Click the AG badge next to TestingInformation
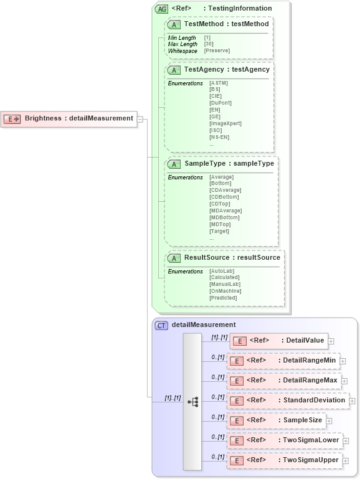pyautogui.click(x=161, y=9)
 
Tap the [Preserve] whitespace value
pyautogui.click(x=217, y=50)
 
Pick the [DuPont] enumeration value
pyautogui.click(x=220, y=103)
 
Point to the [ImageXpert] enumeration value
pyautogui.click(x=225, y=123)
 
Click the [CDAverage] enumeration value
pyautogui.click(x=225, y=190)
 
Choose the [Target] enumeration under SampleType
pyautogui.click(x=219, y=231)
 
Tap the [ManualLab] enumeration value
pyautogui.click(x=224, y=284)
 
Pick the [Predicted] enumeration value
pyautogui.click(x=223, y=298)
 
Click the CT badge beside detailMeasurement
pyautogui.click(x=161, y=325)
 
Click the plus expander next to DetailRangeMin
pyautogui.click(x=343, y=361)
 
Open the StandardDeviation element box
pyautogui.click(x=287, y=401)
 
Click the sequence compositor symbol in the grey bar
pyautogui.click(x=192, y=402)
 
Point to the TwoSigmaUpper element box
pyautogui.click(x=283, y=460)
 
